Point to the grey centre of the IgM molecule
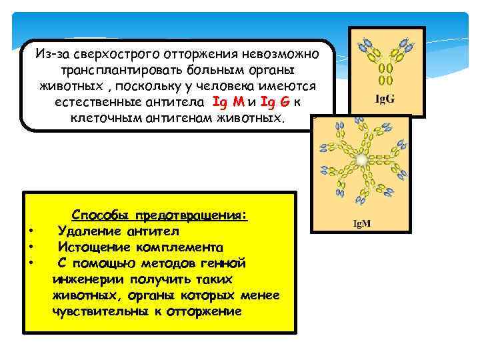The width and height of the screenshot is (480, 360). pos(361,160)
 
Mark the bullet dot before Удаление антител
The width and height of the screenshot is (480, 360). pos(31,232)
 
